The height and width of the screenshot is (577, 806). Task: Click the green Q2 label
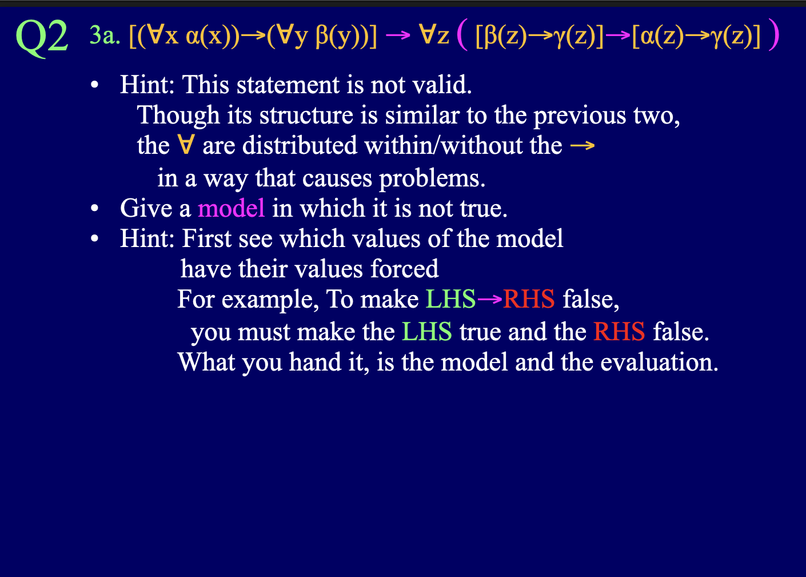pyautogui.click(x=42, y=38)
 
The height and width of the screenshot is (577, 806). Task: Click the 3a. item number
pyautogui.click(x=105, y=36)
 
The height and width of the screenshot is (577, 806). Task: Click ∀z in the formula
pyautogui.click(x=434, y=36)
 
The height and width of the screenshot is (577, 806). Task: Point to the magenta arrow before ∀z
pyautogui.click(x=398, y=36)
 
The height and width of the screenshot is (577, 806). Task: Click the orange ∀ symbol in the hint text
pyautogui.click(x=185, y=145)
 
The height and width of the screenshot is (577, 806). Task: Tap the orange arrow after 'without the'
pyautogui.click(x=582, y=146)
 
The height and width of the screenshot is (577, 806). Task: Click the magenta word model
pyautogui.click(x=231, y=208)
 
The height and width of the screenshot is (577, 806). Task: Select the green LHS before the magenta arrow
pyautogui.click(x=450, y=299)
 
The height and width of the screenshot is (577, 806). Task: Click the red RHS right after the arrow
pyautogui.click(x=529, y=299)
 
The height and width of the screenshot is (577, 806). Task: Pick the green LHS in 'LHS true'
pyautogui.click(x=426, y=332)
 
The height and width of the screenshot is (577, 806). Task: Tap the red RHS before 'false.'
pyautogui.click(x=619, y=332)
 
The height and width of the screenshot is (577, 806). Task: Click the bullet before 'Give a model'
pyautogui.click(x=95, y=209)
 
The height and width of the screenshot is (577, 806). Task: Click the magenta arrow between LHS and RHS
pyautogui.click(x=489, y=299)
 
